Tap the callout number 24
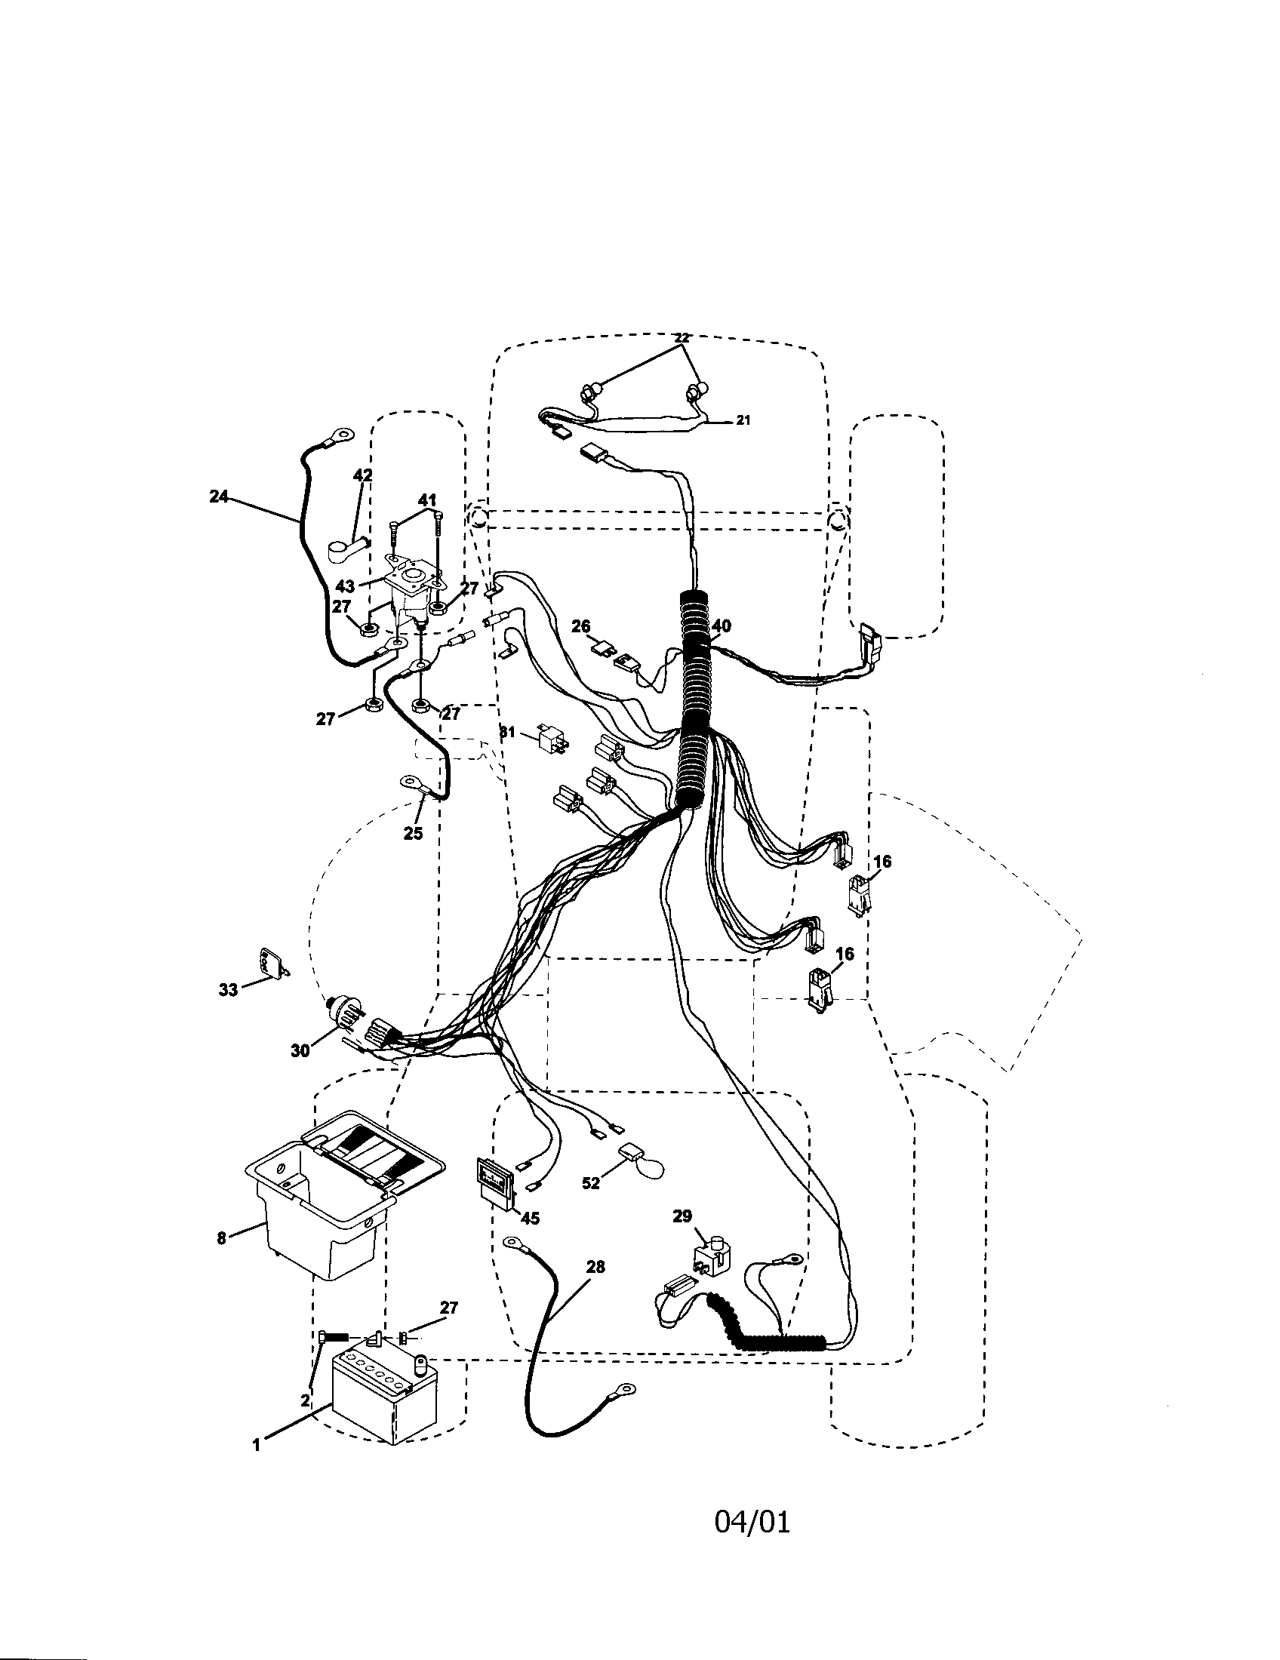[x=218, y=496]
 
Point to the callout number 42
[x=363, y=475]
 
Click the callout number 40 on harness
[x=722, y=626]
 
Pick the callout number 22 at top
[x=681, y=337]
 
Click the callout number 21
[x=743, y=420]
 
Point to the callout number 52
[x=590, y=1183]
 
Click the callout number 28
[x=595, y=1266]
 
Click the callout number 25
[x=413, y=833]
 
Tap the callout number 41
[x=427, y=500]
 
